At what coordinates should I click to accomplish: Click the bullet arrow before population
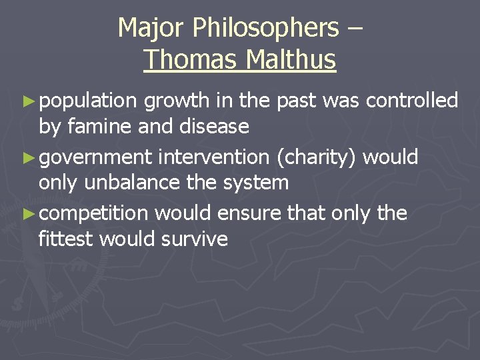point(27,101)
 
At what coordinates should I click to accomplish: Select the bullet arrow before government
point(27,158)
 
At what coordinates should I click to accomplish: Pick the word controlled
point(412,101)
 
